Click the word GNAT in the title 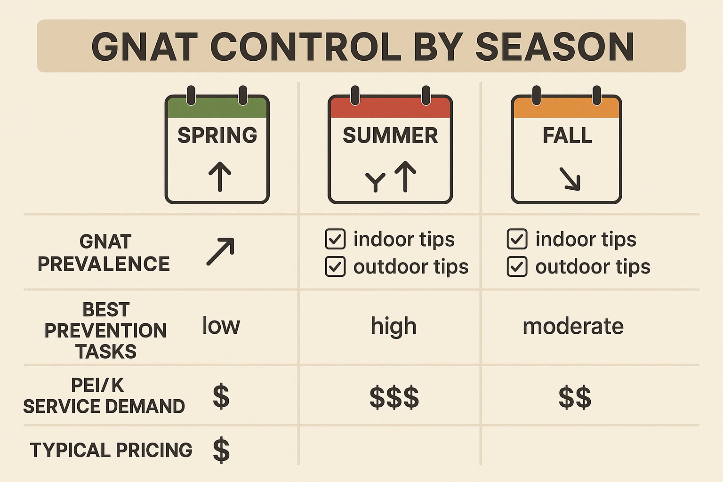[144, 47]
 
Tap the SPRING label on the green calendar [217, 136]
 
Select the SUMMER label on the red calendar [390, 136]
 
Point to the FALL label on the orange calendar [567, 136]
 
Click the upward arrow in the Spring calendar [220, 176]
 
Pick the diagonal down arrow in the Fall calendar [570, 179]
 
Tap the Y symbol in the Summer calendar [375, 182]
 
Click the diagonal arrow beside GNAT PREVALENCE [220, 251]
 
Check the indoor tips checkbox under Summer [335, 239]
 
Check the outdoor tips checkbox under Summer [335, 266]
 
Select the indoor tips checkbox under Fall [517, 239]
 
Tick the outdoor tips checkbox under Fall [517, 266]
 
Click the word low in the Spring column [221, 326]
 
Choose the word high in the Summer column [394, 326]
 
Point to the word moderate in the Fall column [573, 326]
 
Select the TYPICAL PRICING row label [111, 450]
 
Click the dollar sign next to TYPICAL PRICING [221, 450]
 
